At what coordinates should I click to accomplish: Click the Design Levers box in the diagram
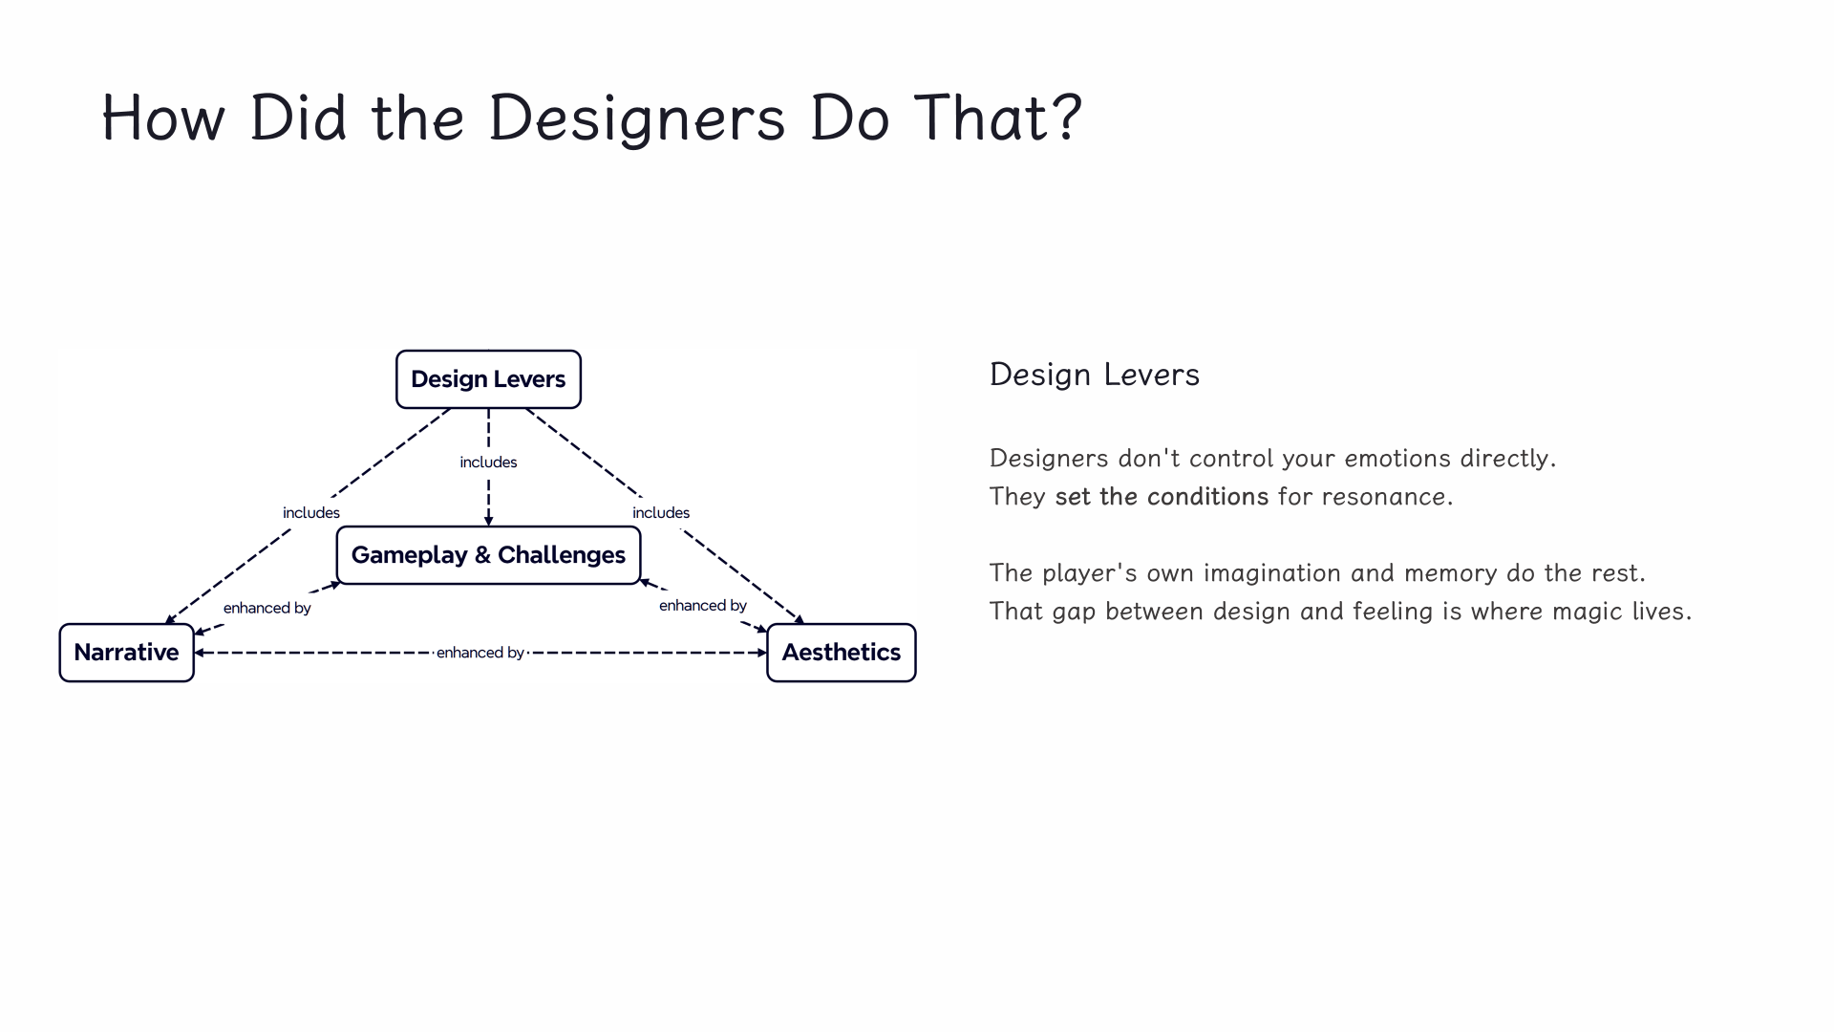(x=488, y=379)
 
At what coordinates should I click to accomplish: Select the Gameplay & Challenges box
(x=488, y=555)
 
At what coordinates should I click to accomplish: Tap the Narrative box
(x=126, y=653)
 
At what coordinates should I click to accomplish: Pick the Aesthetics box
(x=841, y=653)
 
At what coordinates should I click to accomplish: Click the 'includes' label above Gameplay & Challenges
(x=488, y=462)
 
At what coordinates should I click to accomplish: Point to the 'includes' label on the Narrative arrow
(x=311, y=513)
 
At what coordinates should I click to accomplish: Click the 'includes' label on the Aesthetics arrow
(x=661, y=513)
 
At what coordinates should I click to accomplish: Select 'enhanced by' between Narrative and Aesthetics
(x=480, y=653)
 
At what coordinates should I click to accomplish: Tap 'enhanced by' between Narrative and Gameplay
(x=267, y=608)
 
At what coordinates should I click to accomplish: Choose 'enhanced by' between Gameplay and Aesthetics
(x=703, y=606)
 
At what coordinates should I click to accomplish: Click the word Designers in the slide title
(x=636, y=118)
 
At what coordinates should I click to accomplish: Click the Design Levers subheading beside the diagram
(x=1095, y=375)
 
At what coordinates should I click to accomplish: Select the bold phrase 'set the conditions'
(x=1162, y=497)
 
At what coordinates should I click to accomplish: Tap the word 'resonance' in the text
(x=1383, y=497)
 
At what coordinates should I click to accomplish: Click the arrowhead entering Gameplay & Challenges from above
(x=488, y=521)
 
